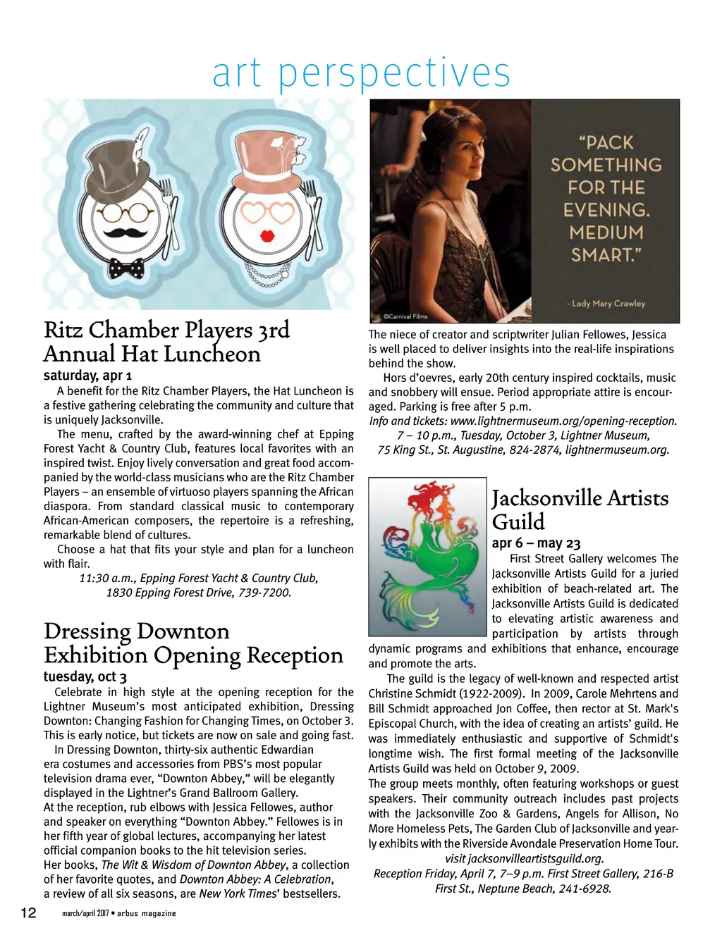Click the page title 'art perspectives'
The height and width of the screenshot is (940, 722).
pyautogui.click(x=361, y=73)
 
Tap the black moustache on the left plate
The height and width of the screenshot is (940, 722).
pyautogui.click(x=126, y=232)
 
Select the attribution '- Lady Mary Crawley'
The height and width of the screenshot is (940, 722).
pyautogui.click(x=606, y=304)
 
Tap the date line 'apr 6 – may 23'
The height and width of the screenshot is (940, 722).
pyautogui.click(x=536, y=543)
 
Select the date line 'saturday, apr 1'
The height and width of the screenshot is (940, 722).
pyautogui.click(x=87, y=376)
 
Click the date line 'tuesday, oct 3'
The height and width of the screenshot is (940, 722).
pyautogui.click(x=85, y=677)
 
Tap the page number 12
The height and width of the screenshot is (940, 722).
pyautogui.click(x=28, y=913)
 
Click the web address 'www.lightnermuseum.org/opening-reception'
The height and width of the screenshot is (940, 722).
pyautogui.click(x=563, y=421)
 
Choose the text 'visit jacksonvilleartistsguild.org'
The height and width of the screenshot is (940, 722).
pyautogui.click(x=524, y=859)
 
